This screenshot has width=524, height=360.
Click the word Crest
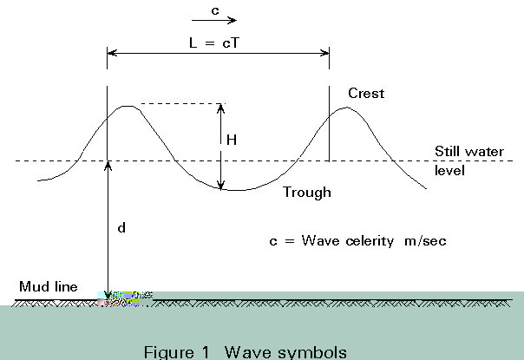(366, 93)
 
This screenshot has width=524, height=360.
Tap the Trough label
(307, 193)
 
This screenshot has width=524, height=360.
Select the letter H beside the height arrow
(232, 140)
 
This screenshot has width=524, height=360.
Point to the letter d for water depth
(121, 227)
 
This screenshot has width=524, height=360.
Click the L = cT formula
(214, 43)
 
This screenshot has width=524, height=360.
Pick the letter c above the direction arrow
(215, 11)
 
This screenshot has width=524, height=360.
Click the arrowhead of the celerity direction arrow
(233, 20)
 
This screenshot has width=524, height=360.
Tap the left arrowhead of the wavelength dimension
(112, 53)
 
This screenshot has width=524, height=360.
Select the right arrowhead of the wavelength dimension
(324, 53)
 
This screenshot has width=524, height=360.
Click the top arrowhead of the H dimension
(220, 108)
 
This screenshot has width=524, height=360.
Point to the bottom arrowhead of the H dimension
(220, 185)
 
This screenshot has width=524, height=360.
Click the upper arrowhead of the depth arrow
(108, 166)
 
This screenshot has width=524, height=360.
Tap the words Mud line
(49, 286)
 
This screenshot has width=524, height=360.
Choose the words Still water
(469, 152)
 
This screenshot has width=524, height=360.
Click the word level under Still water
(449, 171)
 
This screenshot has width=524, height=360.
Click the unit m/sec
(425, 240)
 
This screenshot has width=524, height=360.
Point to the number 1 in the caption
(206, 352)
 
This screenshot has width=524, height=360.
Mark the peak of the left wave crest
(128, 107)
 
